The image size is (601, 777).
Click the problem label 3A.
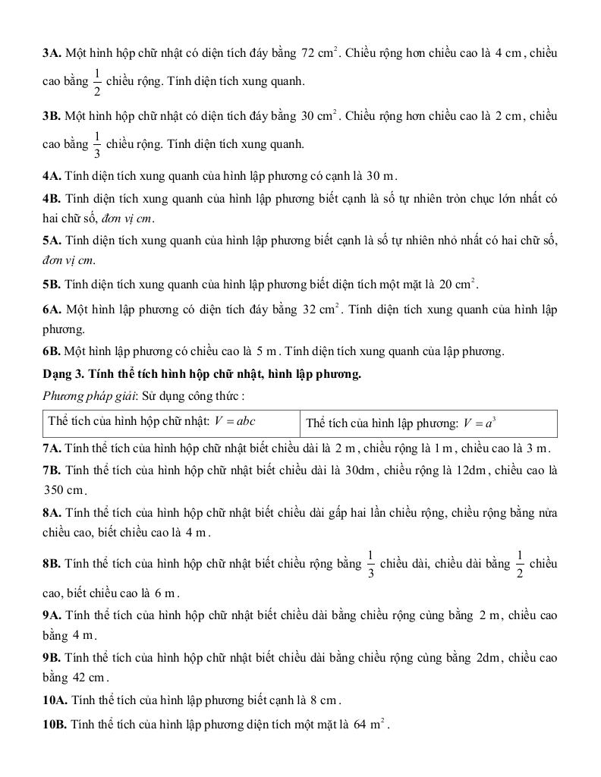(52, 54)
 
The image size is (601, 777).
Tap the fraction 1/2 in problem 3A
(97, 81)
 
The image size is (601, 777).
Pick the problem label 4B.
(52, 199)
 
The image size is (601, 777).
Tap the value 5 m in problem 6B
(269, 351)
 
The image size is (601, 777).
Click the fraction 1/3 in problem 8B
(370, 564)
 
